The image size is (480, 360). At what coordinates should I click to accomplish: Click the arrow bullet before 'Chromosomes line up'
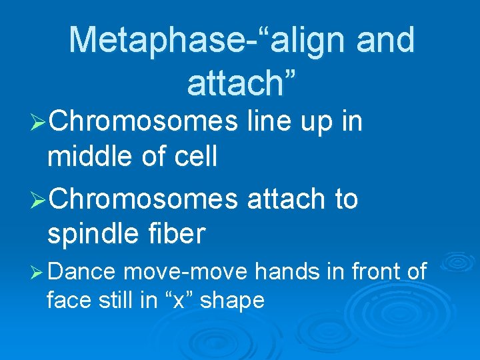click(39, 123)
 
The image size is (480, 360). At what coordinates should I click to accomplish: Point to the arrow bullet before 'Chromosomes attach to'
click(39, 199)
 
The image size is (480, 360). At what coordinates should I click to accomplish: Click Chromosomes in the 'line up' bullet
click(143, 122)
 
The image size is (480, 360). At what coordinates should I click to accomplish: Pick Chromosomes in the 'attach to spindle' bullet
click(143, 199)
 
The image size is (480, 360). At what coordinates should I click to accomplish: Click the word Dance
click(84, 272)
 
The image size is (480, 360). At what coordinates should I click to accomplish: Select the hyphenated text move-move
click(186, 272)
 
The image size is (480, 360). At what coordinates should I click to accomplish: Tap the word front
click(372, 272)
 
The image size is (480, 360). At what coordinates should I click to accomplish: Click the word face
click(69, 301)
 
